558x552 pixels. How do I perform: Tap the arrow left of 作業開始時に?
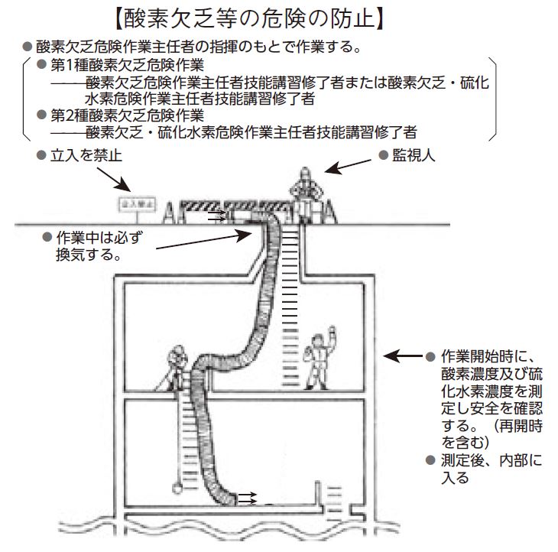coord(401,356)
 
